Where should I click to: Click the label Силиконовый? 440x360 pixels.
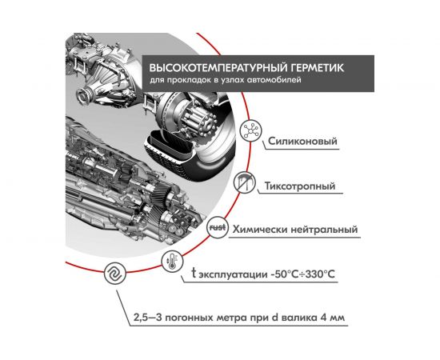[303, 144]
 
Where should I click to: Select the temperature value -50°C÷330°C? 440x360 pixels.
[299, 274]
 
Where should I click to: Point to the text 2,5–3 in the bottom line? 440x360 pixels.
[147, 318]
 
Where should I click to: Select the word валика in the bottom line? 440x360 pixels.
[298, 318]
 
